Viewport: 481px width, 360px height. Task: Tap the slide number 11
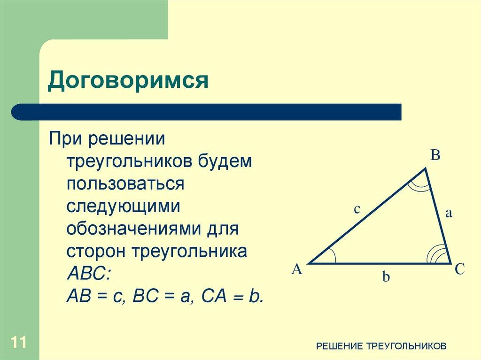pyautogui.click(x=18, y=342)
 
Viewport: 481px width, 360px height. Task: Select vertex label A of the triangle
pyautogui.click(x=297, y=269)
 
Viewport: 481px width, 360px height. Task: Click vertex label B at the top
pyautogui.click(x=435, y=155)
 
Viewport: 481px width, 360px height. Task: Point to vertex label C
pyautogui.click(x=459, y=269)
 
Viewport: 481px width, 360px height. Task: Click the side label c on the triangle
pyautogui.click(x=357, y=209)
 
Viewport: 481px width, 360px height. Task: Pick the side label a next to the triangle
pyautogui.click(x=448, y=213)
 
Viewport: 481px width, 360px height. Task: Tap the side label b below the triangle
pyautogui.click(x=386, y=277)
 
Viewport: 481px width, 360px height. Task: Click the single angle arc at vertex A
pyautogui.click(x=332, y=256)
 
